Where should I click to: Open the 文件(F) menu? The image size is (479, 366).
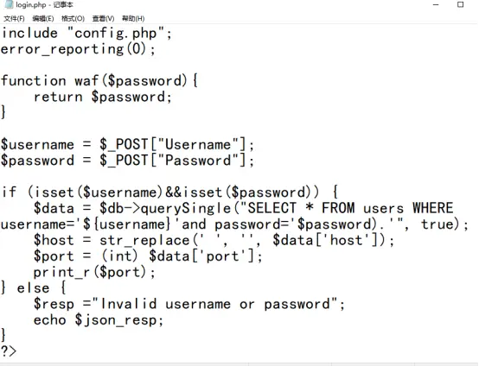(x=15, y=18)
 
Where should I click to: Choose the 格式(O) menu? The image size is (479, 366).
(x=73, y=18)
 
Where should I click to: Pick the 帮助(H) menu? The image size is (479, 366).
(x=133, y=18)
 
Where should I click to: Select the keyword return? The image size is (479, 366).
(x=58, y=97)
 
